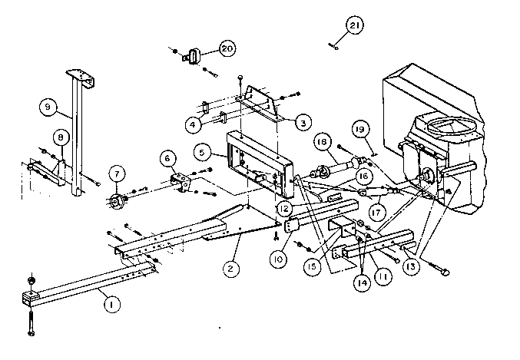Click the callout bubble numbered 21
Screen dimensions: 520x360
pos(355,25)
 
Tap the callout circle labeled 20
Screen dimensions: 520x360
pos(227,48)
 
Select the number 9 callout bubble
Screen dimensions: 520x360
pos(48,107)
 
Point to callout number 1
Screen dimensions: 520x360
pos(112,304)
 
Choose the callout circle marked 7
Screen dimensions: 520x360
pos(117,173)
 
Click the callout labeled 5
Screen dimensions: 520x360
pos(202,153)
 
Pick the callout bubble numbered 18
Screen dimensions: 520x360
pos(322,142)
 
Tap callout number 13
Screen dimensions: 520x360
pos(411,266)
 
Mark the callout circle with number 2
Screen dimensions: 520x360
pos(230,268)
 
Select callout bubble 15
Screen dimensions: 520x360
pos(313,266)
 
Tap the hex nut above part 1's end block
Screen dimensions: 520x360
pos(31,280)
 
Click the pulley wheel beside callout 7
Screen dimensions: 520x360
pos(116,201)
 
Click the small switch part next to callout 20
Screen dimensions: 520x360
pos(192,56)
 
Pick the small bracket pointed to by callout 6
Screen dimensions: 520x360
pos(181,182)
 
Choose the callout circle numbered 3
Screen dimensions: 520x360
pos(303,123)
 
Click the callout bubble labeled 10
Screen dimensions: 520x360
pos(278,259)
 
